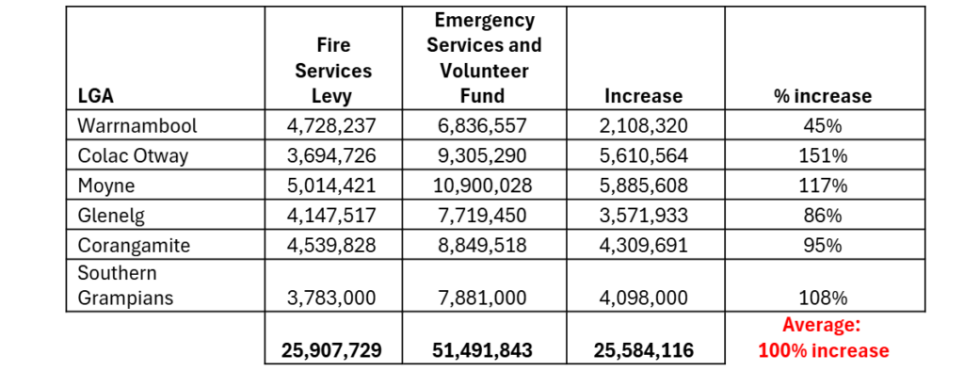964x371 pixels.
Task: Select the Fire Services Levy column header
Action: [333, 71]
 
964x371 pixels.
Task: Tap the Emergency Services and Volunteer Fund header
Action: [485, 57]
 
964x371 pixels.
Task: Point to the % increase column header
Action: [825, 97]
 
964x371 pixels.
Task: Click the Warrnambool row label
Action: [137, 125]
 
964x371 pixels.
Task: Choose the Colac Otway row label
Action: [132, 155]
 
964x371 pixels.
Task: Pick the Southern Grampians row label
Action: [125, 286]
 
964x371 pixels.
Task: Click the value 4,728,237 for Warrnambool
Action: [330, 126]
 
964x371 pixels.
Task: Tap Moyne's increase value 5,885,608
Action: [643, 186]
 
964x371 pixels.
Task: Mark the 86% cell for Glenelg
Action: [825, 216]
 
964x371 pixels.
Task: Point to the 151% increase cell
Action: [825, 156]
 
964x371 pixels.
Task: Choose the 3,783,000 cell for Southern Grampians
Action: [330, 298]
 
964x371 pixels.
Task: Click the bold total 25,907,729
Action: [332, 350]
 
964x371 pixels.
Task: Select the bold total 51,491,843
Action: [484, 350]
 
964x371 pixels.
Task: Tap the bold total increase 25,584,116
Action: [644, 350]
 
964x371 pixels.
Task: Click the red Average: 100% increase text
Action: [824, 338]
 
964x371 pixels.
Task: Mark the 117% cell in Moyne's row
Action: [825, 186]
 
